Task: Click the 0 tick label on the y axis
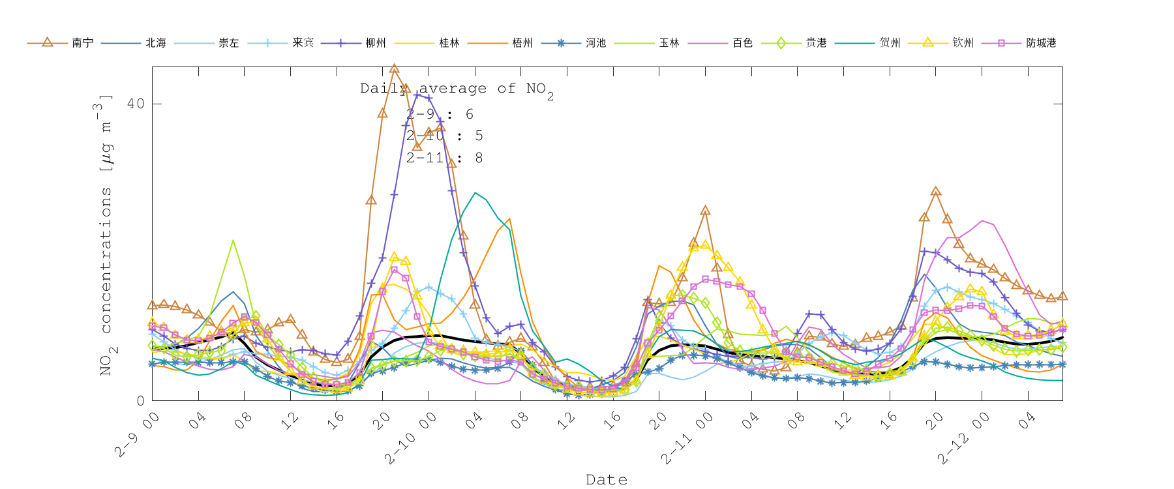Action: pos(140,400)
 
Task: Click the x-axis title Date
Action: pos(607,480)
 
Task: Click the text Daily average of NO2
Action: pos(457,89)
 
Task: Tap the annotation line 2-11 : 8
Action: pos(444,158)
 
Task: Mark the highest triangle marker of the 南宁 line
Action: pos(394,68)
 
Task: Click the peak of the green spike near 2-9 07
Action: pos(233,240)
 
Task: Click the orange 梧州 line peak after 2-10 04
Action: pos(509,219)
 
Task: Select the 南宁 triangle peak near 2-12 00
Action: pos(936,192)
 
